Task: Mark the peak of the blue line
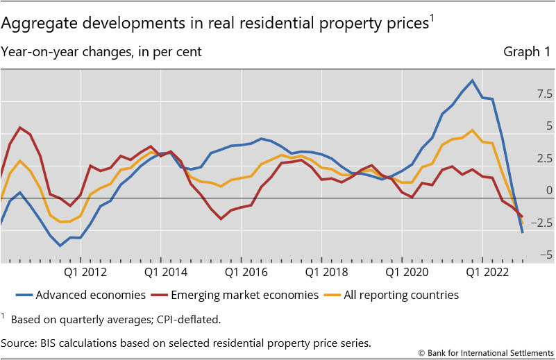tap(472, 80)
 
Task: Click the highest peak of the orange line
tap(472, 130)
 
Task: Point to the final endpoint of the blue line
tap(522, 232)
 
